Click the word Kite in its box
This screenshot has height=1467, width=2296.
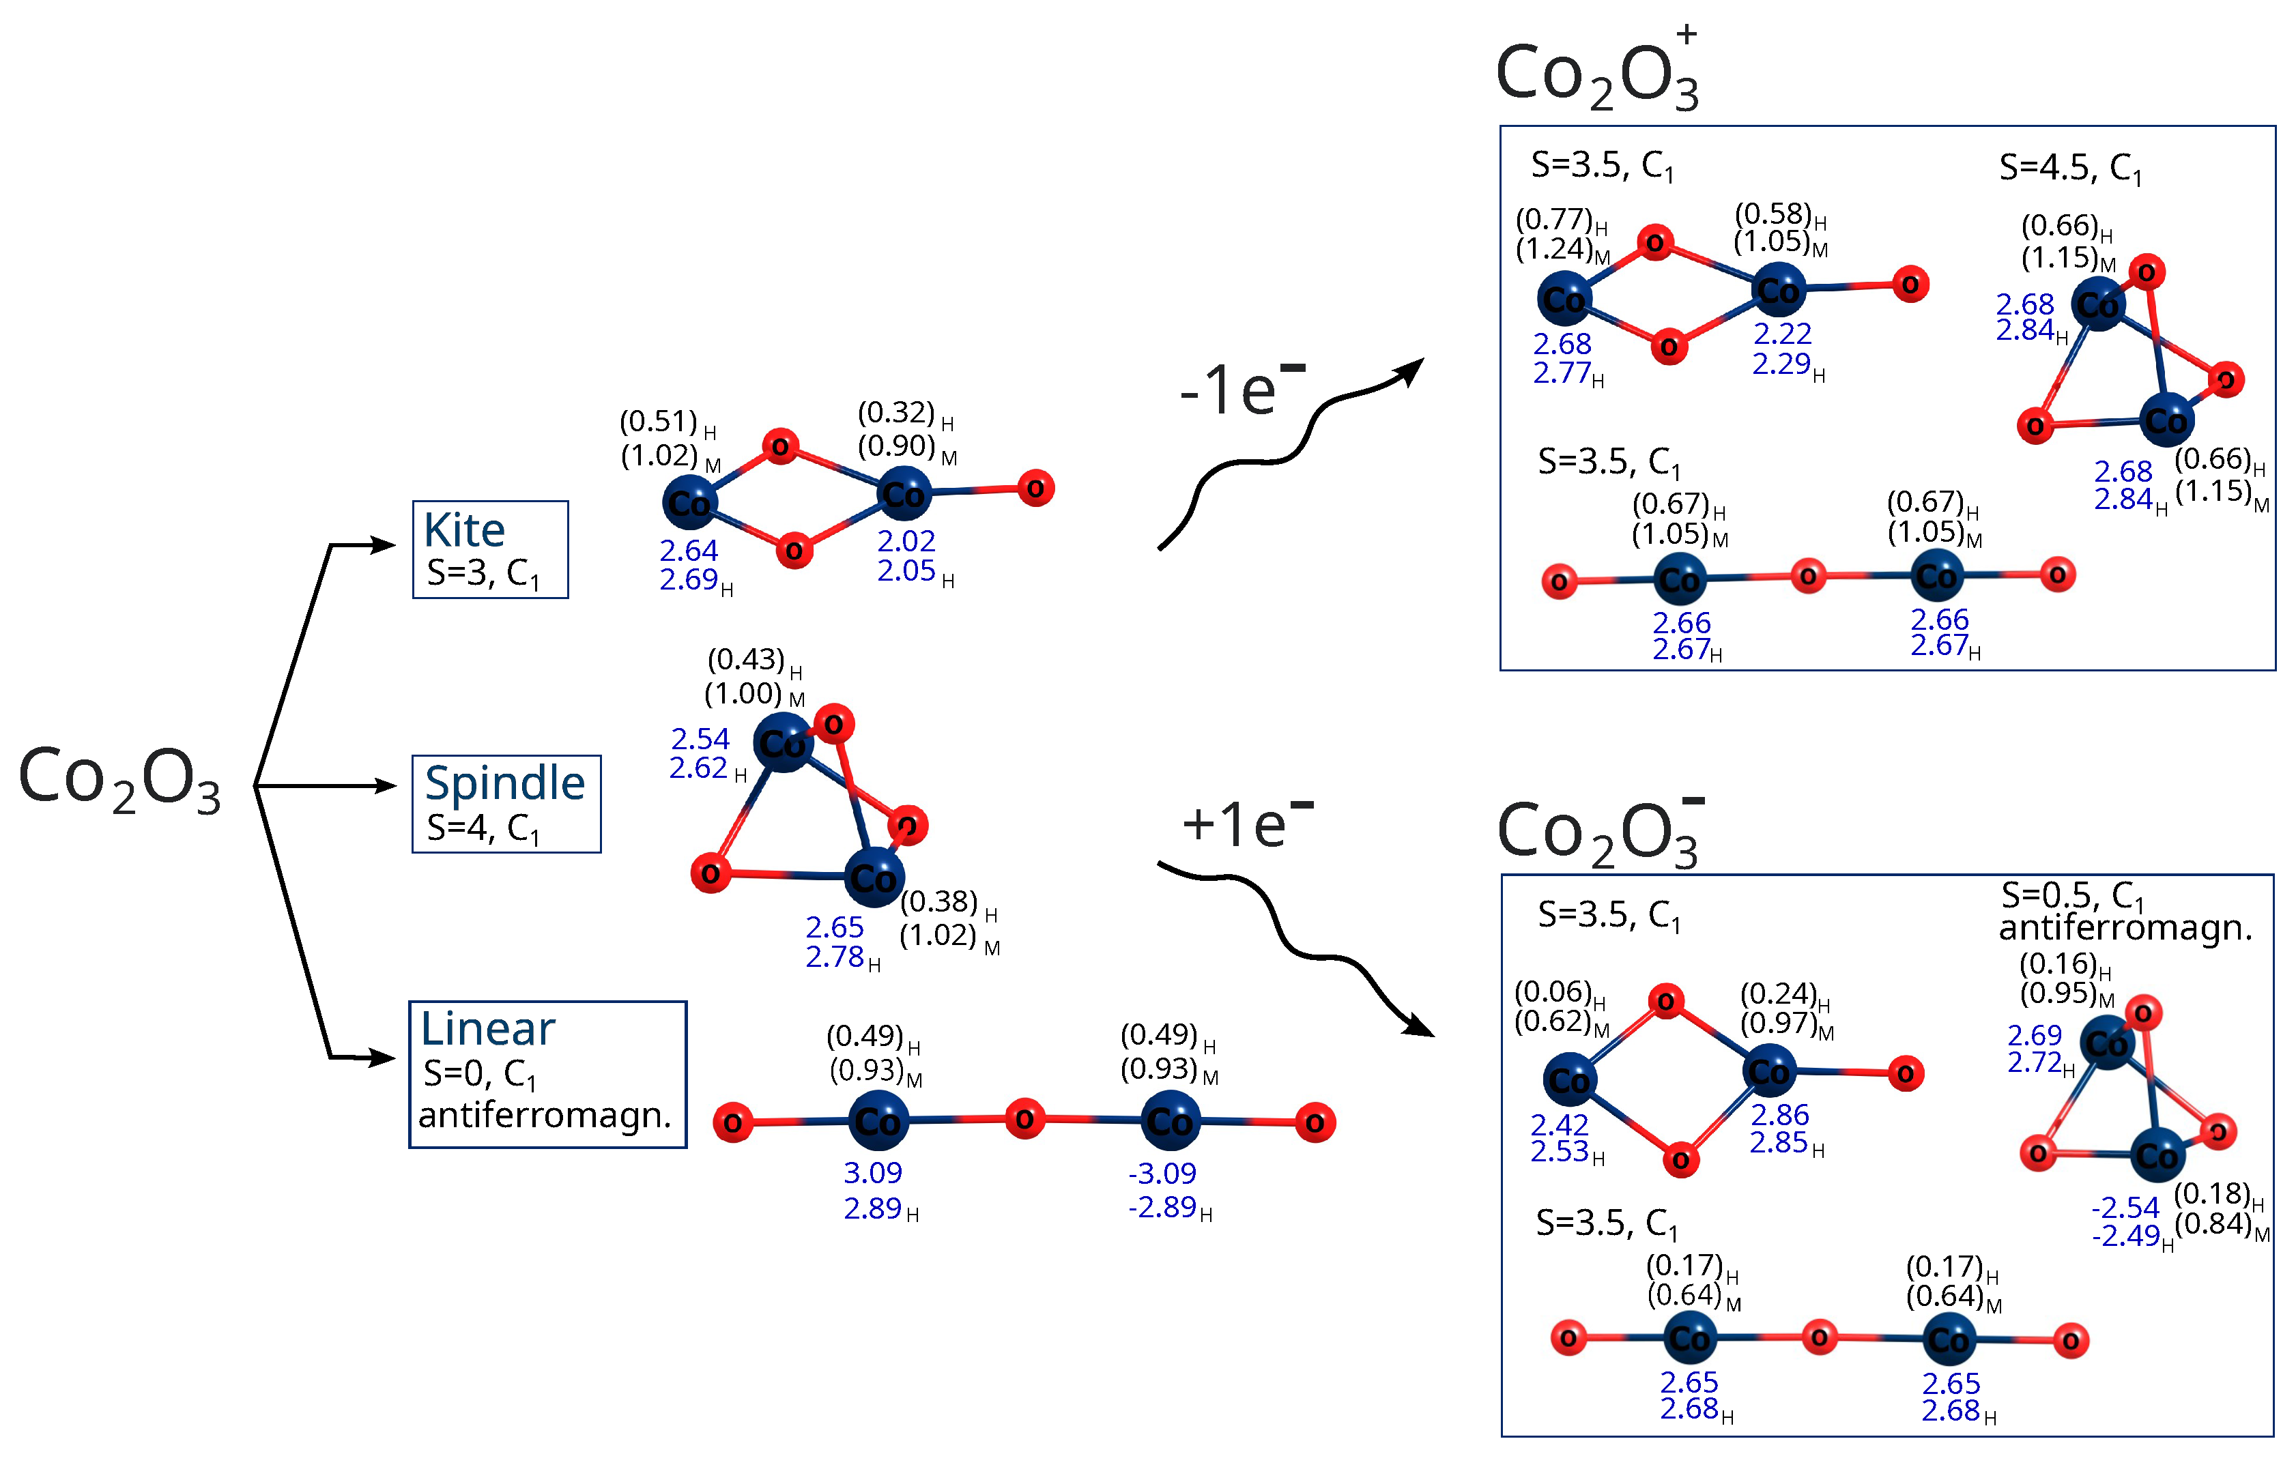464,530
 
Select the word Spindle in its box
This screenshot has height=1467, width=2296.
504,783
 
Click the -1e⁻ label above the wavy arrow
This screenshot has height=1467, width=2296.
1239,389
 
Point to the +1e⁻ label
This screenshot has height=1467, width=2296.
1244,824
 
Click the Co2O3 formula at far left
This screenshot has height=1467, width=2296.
120,780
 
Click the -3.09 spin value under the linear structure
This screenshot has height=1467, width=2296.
1162,1174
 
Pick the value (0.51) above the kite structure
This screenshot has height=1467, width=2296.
658,420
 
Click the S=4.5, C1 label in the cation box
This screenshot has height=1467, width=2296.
2070,169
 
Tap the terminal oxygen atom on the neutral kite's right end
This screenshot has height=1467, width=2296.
1035,489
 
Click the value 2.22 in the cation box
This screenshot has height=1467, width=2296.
1782,334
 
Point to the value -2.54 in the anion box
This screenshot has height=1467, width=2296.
2125,1208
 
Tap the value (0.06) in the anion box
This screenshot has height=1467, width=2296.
1553,992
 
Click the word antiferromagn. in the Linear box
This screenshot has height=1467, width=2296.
545,1114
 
